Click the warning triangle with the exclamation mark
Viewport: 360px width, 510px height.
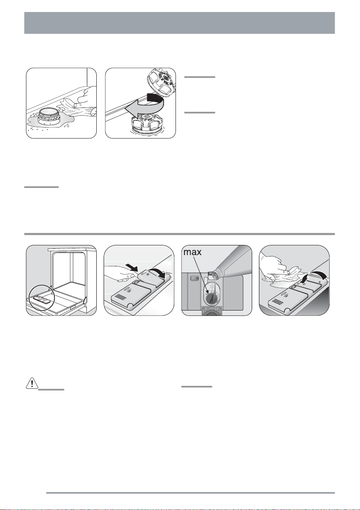click(32, 383)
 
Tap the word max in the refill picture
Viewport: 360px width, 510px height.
click(192, 252)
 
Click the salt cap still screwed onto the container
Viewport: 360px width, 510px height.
click(147, 122)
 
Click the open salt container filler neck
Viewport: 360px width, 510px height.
click(48, 116)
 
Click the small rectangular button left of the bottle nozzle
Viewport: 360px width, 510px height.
click(194, 278)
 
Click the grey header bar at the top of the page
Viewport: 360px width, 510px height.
click(179, 23)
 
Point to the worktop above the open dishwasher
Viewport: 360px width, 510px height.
click(72, 250)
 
